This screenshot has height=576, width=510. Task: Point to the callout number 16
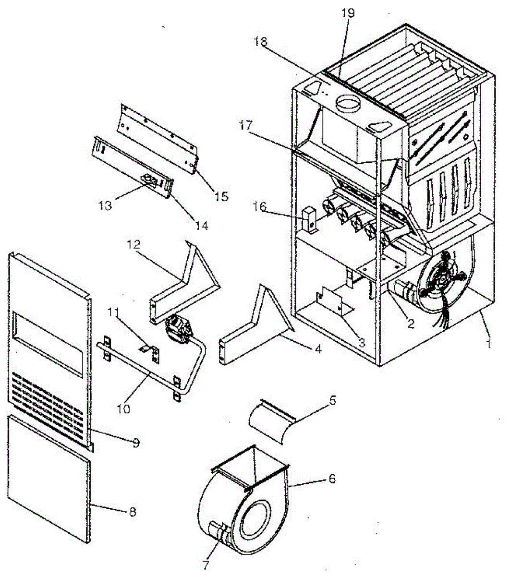click(x=260, y=207)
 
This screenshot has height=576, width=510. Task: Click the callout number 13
click(x=105, y=205)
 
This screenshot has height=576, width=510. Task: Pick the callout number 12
click(x=134, y=244)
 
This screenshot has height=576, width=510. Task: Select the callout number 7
click(x=205, y=565)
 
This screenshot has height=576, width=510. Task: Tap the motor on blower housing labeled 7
click(x=218, y=533)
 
